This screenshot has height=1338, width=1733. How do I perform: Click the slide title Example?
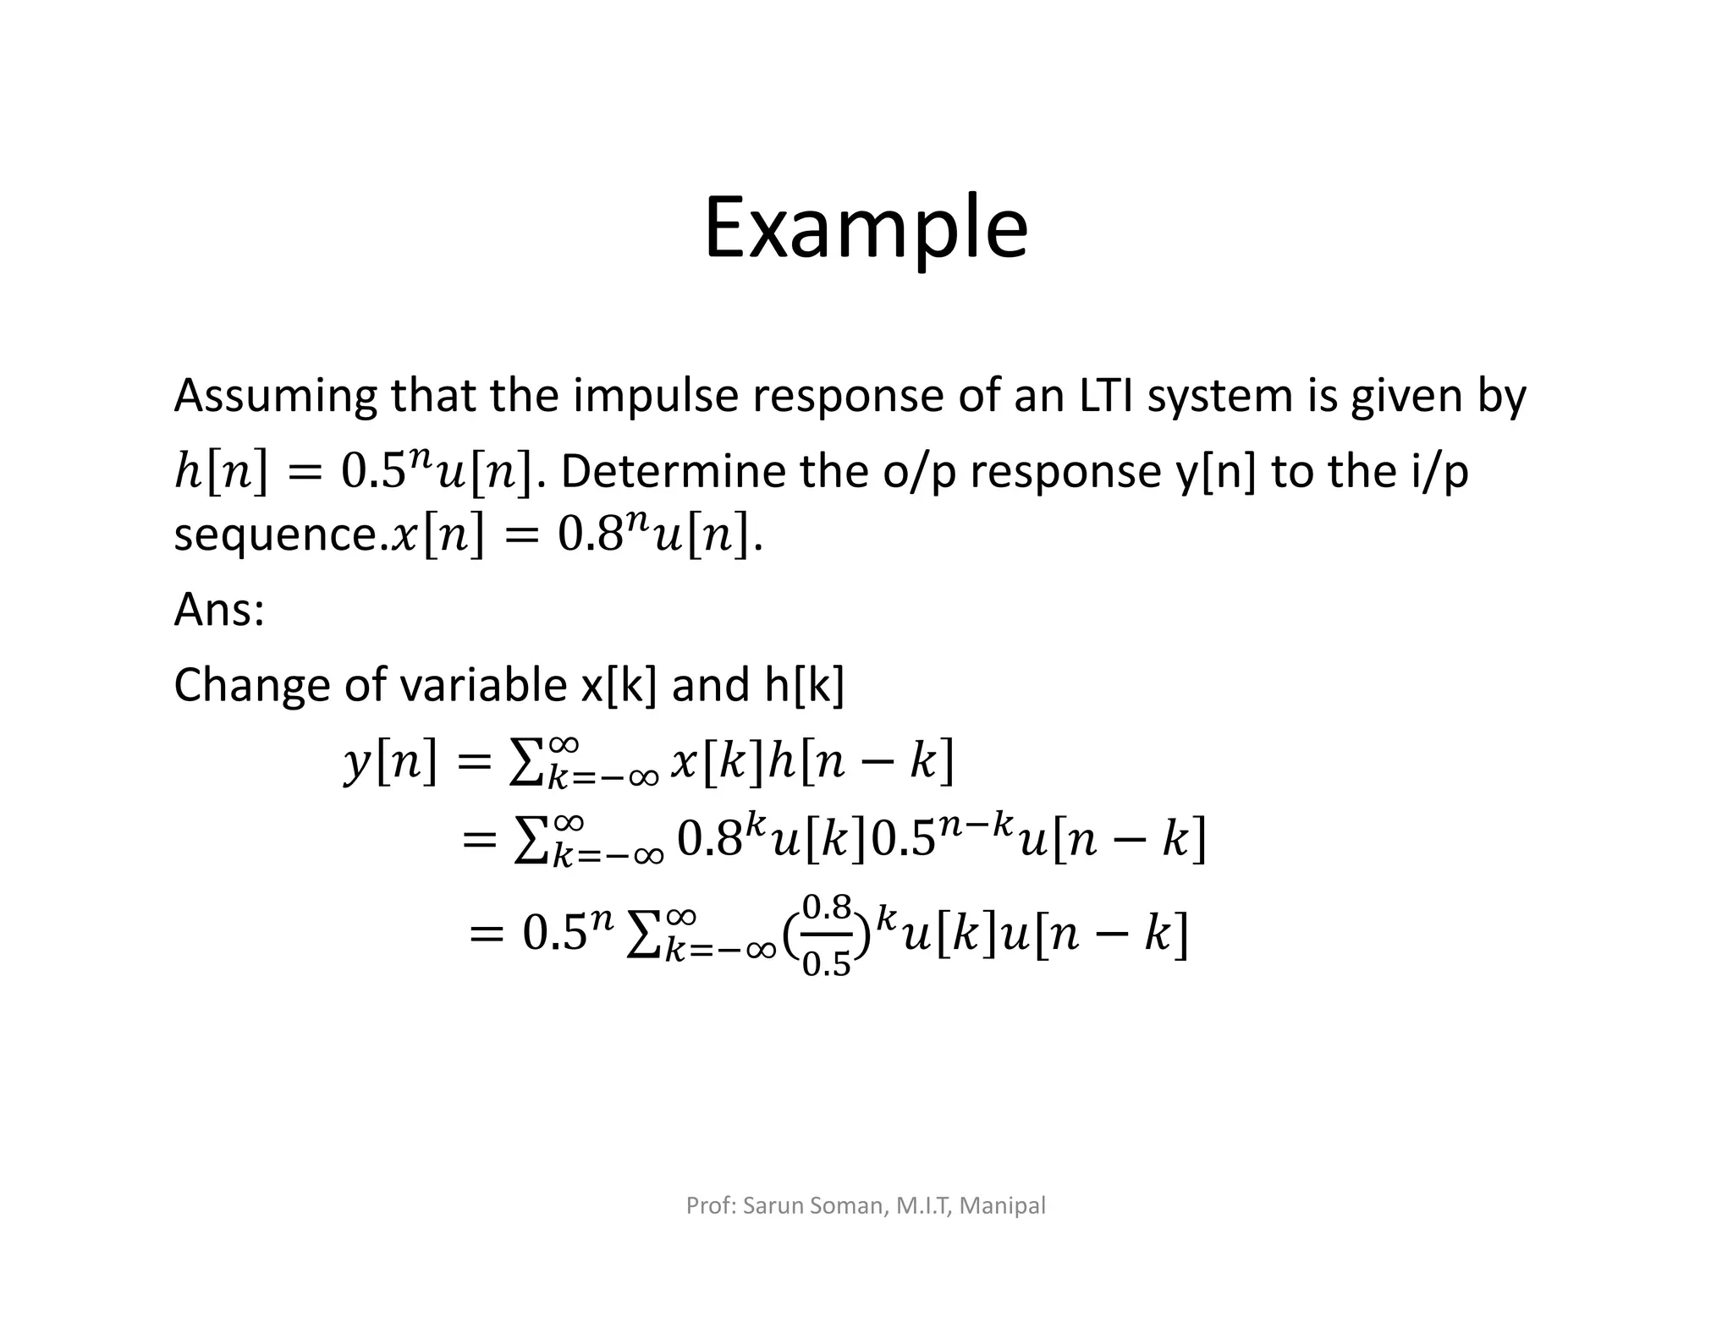(x=866, y=228)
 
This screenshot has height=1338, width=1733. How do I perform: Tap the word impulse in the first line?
(x=656, y=396)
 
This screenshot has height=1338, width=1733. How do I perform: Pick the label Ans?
(x=219, y=609)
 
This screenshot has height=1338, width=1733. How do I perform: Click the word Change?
(x=250, y=685)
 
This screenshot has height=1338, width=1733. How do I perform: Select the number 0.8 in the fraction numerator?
(x=826, y=908)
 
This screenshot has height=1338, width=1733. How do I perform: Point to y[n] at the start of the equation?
(x=391, y=761)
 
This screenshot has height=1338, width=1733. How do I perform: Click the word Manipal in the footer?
(x=1004, y=1205)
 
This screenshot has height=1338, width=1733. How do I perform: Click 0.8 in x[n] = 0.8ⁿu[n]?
(x=590, y=535)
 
